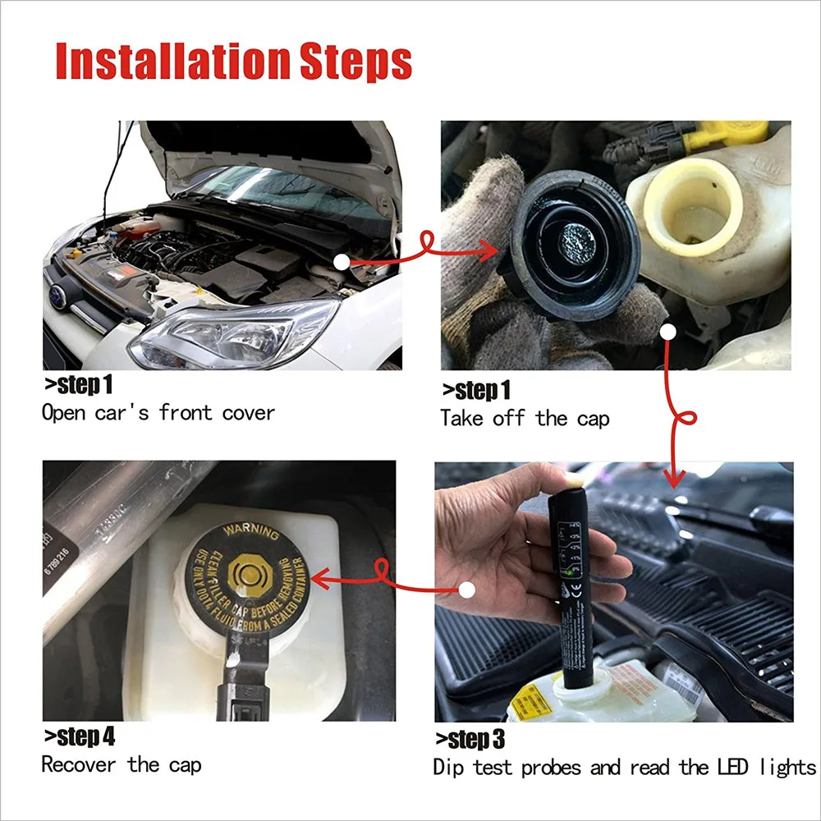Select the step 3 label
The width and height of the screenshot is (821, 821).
470,740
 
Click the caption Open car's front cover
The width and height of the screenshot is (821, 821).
158,412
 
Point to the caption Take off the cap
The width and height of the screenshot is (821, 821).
525,419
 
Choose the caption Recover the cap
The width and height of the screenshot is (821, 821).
121,765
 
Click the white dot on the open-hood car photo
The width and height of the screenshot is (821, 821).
342,261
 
